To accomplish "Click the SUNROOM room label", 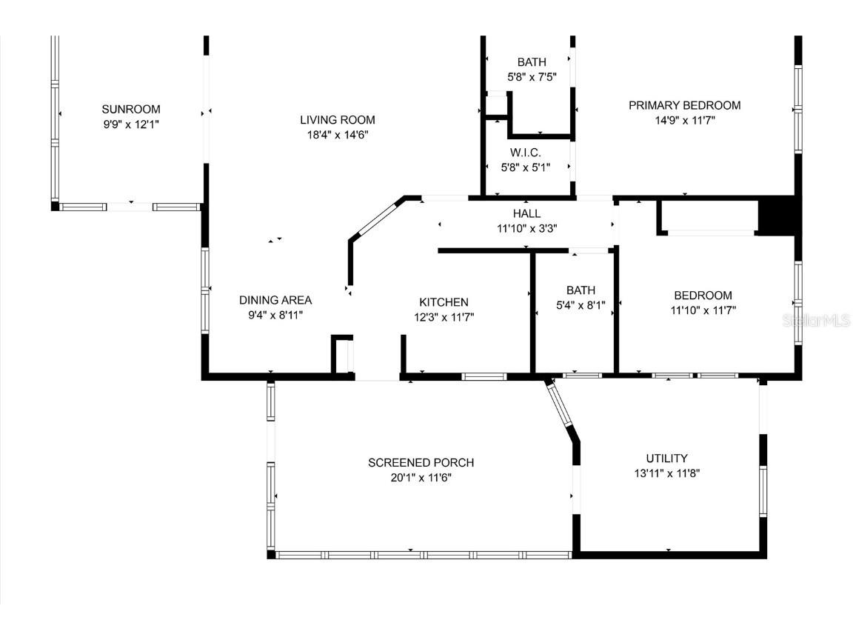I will (x=131, y=109).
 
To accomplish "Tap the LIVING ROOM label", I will (x=337, y=119).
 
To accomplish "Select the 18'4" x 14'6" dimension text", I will (x=337, y=135).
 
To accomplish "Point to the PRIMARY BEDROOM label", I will (x=684, y=105).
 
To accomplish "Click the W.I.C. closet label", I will (x=525, y=152).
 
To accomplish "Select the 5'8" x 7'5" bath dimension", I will (x=531, y=77).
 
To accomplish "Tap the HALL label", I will (x=526, y=213).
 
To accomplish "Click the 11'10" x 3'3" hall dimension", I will (x=526, y=228).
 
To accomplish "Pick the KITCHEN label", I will (x=444, y=301).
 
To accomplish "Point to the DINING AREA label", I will (x=275, y=300).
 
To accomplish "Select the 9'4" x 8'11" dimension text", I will (x=275, y=315).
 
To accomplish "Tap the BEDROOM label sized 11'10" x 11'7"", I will (x=703, y=295).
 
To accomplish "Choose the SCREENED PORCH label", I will (x=421, y=462).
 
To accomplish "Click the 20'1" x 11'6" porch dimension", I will (x=421, y=478).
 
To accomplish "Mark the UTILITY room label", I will (x=666, y=458).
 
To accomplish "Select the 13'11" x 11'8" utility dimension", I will (x=666, y=473).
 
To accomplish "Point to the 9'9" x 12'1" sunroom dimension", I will (x=131, y=124).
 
